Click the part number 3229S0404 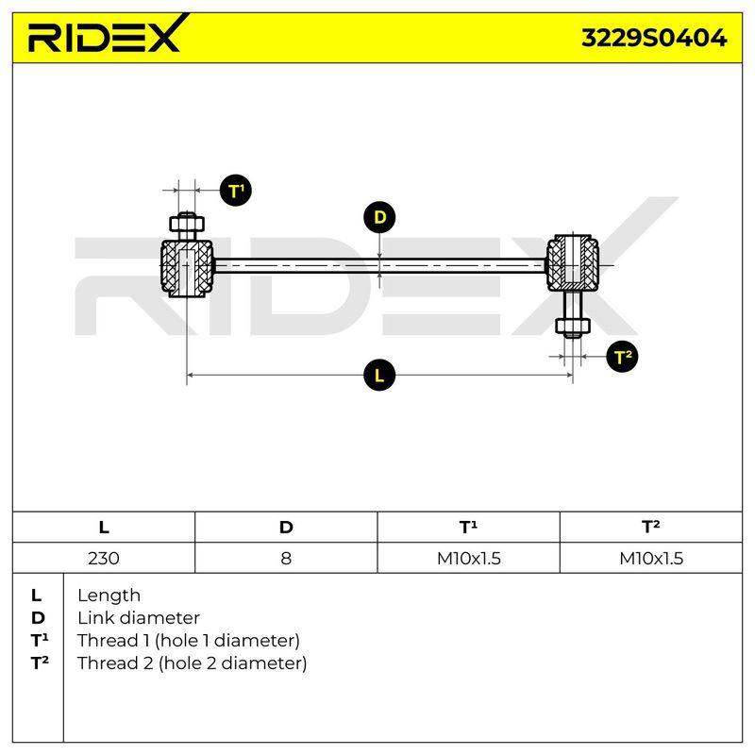point(654,38)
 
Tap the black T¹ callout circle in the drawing point(236,191)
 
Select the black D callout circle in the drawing point(379,217)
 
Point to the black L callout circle point(379,375)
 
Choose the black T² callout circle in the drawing point(622,357)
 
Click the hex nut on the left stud point(187,224)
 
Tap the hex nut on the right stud point(573,326)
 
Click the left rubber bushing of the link point(187,268)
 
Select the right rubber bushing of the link point(573,263)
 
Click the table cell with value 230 point(104,559)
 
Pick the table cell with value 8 point(286,559)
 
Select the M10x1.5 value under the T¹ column point(468,559)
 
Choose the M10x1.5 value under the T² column point(651,559)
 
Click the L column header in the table point(104,528)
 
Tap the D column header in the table point(286,528)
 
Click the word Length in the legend point(109,596)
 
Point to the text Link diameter point(139,618)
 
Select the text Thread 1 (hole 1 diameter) point(189,641)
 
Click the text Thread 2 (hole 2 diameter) point(193,663)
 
